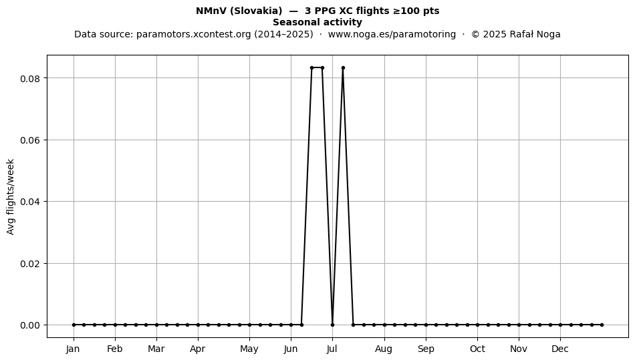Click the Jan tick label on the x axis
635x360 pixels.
(74, 349)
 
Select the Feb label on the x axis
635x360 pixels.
(114, 349)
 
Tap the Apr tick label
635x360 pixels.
(198, 349)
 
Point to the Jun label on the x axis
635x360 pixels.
(291, 349)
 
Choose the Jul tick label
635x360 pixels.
(332, 349)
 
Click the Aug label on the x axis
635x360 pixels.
(384, 349)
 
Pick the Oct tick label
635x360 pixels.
(477, 349)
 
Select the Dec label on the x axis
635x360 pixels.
(561, 349)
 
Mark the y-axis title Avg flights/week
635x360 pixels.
(11, 196)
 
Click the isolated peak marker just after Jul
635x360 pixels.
(343, 68)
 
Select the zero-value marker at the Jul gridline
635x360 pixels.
(332, 325)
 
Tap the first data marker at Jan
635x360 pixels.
(74, 325)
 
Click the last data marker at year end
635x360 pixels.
(602, 325)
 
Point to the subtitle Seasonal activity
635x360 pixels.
(317, 22)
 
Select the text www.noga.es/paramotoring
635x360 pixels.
(392, 34)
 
